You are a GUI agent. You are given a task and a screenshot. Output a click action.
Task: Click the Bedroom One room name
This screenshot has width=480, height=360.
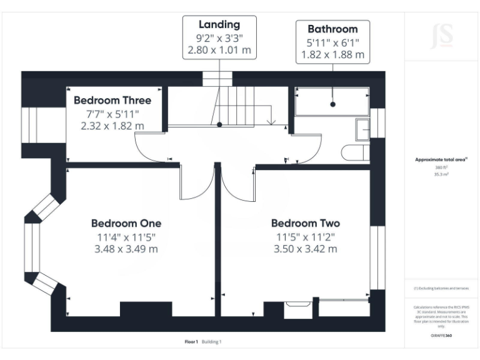click(x=126, y=223)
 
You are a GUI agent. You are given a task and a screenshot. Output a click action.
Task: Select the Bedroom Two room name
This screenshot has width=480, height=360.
click(x=305, y=223)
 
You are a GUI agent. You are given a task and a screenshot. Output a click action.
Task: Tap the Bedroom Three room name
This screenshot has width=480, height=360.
click(x=112, y=100)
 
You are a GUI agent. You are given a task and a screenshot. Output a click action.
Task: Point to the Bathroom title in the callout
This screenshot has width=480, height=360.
click(x=332, y=29)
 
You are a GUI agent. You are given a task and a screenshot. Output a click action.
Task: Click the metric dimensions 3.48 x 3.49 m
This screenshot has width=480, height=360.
click(x=126, y=249)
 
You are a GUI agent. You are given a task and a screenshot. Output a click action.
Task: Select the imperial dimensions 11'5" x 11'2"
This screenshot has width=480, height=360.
click(x=305, y=236)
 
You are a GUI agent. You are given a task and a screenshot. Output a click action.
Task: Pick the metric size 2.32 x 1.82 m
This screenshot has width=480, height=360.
click(x=112, y=126)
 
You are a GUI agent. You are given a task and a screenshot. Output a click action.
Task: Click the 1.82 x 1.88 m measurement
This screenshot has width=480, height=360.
click(x=332, y=54)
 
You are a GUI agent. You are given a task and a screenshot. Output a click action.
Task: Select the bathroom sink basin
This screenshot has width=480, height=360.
click(x=362, y=129)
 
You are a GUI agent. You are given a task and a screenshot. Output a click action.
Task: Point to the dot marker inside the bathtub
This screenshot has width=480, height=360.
click(x=332, y=104)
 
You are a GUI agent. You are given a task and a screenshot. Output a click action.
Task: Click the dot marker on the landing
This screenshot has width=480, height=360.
click(x=219, y=124)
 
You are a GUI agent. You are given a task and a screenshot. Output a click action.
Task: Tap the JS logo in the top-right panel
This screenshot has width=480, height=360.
click(x=442, y=36)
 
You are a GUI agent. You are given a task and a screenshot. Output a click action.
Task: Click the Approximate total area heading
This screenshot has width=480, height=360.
click(x=441, y=159)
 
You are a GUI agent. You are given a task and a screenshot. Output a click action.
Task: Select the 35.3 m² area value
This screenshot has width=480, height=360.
click(x=441, y=174)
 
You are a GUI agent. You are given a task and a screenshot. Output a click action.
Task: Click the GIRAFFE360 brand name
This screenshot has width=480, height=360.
click(x=441, y=335)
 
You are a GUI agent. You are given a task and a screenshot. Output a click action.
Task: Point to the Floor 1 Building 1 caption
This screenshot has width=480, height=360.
click(x=203, y=342)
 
